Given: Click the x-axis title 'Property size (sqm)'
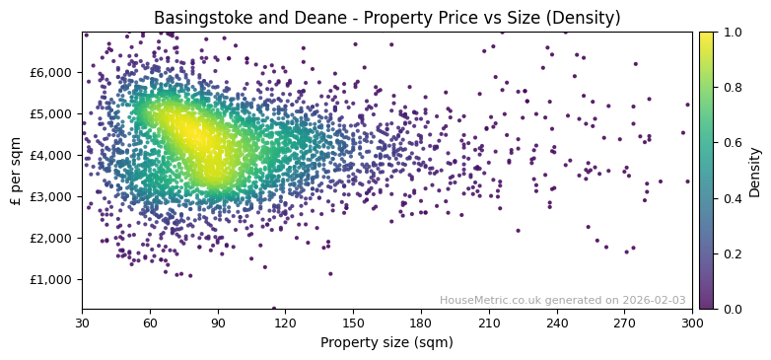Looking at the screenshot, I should point(386,343).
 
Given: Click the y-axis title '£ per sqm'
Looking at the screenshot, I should point(16,171).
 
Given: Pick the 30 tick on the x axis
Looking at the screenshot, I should point(82,323).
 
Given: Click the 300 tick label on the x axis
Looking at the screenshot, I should point(692,323).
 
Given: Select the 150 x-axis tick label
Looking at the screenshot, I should point(353,323).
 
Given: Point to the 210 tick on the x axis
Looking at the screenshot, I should point(489,323).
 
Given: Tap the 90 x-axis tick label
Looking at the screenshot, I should point(218,323).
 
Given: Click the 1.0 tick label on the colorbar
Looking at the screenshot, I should point(733,33).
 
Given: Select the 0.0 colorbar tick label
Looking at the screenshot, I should point(733,309).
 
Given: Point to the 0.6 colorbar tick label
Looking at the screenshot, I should point(733,143).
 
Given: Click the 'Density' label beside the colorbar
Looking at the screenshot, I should point(755,171).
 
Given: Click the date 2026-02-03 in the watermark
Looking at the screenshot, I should point(654,301).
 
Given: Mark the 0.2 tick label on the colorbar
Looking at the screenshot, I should point(733,253).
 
